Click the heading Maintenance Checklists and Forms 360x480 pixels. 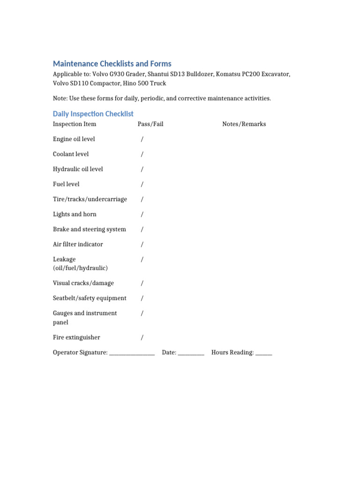[112, 64]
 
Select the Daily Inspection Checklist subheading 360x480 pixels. [93, 114]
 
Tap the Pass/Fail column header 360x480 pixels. [150, 124]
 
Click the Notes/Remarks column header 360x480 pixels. [244, 124]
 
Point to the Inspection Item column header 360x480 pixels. [75, 124]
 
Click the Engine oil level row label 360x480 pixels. [74, 139]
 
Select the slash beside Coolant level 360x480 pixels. [142, 154]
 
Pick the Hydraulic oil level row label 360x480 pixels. [78, 169]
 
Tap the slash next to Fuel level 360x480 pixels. [142, 184]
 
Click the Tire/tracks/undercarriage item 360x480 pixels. [90, 199]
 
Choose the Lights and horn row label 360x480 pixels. [75, 214]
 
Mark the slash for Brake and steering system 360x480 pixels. [142, 229]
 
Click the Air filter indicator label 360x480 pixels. [78, 244]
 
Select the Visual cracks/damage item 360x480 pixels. [83, 283]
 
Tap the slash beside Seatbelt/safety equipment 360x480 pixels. [142, 298]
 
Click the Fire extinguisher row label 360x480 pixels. [76, 337]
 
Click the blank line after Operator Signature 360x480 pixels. [132, 353]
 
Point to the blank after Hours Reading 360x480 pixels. [264, 353]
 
